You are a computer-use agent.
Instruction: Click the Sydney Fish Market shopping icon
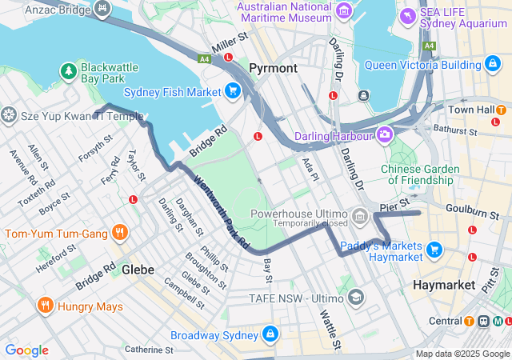233,90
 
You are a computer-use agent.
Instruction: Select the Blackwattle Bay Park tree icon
69,72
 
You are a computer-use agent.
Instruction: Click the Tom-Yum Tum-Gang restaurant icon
120,234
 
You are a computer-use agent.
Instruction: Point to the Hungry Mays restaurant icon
44,306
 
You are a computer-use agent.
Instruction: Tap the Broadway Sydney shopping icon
270,333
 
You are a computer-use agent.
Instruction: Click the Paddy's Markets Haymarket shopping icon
434,250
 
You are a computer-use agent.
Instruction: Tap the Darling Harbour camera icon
386,134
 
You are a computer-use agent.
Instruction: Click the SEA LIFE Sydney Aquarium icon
408,15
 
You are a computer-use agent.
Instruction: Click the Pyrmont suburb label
273,68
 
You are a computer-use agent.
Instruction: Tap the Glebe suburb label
138,270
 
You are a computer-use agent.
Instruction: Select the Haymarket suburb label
444,285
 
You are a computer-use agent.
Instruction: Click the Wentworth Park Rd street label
221,212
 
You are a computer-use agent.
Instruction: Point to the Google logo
26,350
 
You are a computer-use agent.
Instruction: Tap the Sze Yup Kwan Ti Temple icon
10,115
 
